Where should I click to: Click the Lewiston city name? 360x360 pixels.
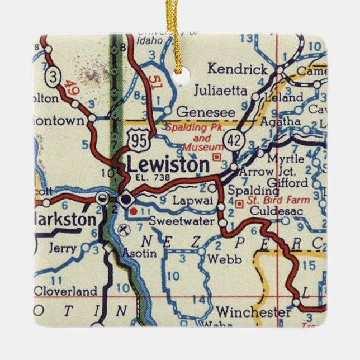(168, 164)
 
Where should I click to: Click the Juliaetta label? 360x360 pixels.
(219, 89)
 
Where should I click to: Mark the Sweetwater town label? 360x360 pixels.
(182, 221)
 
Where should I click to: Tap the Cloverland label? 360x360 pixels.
(65, 291)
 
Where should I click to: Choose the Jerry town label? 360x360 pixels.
(62, 248)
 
